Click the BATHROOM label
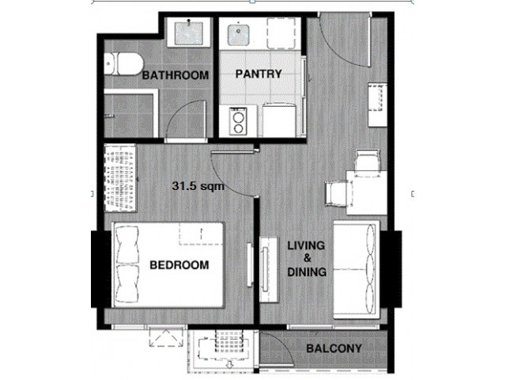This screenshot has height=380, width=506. [176, 75]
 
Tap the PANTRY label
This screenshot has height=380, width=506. [259, 74]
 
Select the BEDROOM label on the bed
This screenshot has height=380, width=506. [179, 265]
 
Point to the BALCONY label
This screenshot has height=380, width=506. [334, 348]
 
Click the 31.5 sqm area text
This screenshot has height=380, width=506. [198, 186]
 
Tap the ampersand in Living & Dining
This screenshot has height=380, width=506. [308, 258]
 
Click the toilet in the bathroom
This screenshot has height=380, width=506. [123, 64]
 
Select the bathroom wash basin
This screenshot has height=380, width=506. [189, 32]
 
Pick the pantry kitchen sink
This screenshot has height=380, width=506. [238, 35]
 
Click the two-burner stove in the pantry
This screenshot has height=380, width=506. [238, 121]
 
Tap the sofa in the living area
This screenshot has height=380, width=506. [357, 269]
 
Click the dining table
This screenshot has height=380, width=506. [367, 192]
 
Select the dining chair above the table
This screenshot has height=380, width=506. [367, 161]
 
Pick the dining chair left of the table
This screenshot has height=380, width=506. [338, 193]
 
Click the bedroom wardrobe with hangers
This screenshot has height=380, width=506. [120, 177]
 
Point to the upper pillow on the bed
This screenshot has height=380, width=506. [127, 245]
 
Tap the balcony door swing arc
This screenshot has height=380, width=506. [282, 343]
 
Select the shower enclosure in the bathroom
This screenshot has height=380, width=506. [130, 114]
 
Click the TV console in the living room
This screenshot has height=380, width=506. [269, 269]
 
